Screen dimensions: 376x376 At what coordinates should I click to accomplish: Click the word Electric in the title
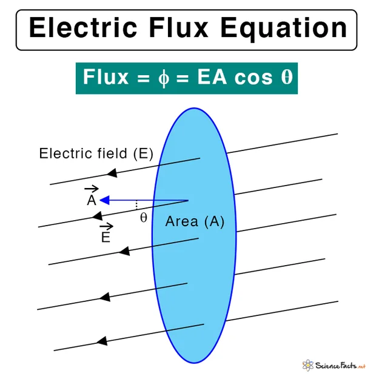point(83,27)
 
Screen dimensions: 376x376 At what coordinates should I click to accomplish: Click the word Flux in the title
point(178,27)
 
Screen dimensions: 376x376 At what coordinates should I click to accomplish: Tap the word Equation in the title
point(283,29)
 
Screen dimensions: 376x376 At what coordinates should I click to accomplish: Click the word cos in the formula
point(253,78)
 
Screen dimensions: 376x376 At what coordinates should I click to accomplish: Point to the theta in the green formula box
point(287,77)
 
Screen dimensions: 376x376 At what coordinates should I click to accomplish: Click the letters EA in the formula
point(212,77)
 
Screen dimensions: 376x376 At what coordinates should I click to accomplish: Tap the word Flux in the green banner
point(106,77)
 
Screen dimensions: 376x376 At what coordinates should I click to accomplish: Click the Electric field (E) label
point(96,153)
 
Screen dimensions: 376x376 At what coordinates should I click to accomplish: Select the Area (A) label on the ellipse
point(195,221)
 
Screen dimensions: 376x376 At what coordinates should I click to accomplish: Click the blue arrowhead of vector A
point(104,200)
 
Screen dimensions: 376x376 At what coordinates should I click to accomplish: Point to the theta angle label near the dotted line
point(144,218)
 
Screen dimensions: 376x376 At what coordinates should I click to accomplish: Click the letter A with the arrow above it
point(92,196)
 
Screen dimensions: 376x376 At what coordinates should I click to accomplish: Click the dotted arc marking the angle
point(136,205)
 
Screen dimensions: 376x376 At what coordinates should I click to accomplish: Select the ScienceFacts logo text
point(340,366)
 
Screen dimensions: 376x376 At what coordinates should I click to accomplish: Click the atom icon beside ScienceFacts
point(308,365)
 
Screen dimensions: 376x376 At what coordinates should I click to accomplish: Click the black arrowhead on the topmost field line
point(112,173)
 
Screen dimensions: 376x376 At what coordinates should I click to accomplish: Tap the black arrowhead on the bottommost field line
point(102,341)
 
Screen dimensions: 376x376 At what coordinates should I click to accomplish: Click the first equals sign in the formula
point(143,78)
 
